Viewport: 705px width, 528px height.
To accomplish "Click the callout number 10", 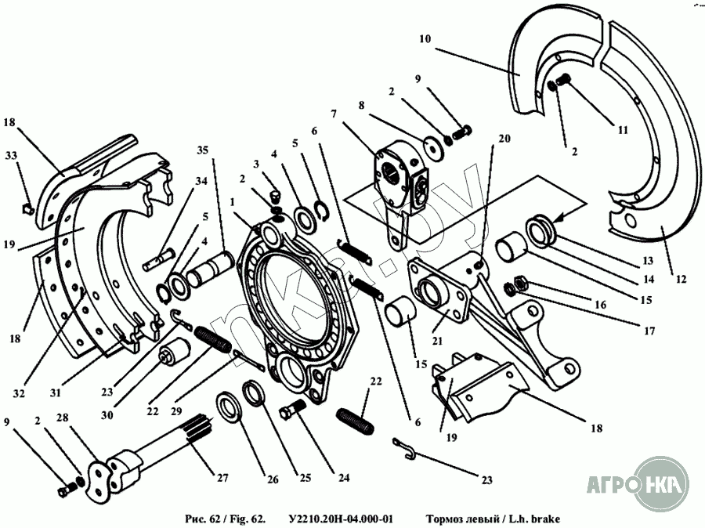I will coord(425,39).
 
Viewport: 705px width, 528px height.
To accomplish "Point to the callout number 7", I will coord(334,114).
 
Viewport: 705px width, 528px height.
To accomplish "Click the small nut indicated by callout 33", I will coord(25,208).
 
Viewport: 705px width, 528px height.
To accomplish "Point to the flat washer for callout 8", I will coord(429,146).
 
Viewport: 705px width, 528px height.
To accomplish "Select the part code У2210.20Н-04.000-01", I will coord(341,519).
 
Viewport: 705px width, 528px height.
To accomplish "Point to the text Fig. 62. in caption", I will coord(248,519).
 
